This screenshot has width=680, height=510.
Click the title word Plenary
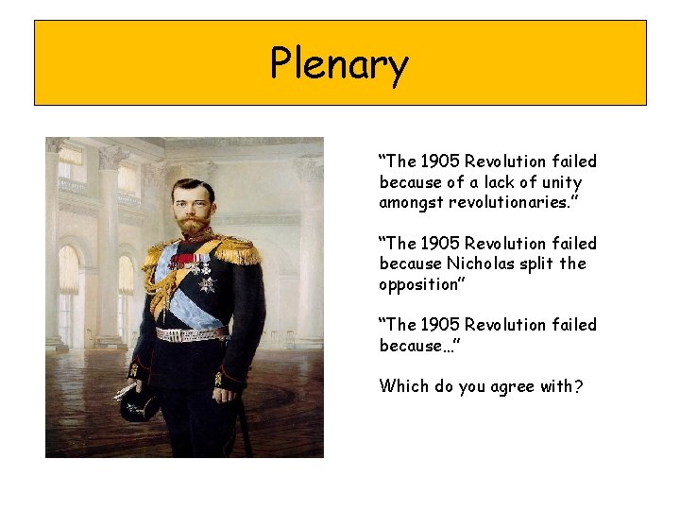[339, 64]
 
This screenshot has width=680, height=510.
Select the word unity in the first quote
[563, 182]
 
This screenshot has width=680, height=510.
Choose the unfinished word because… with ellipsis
[419, 345]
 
